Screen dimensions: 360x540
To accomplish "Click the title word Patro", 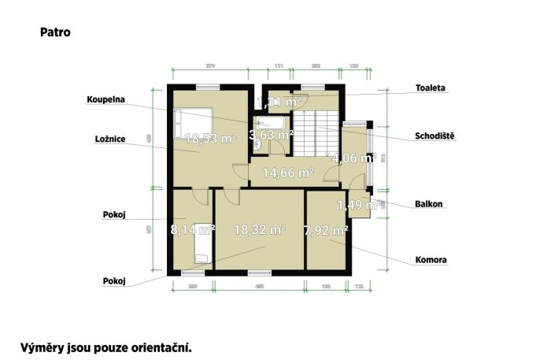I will tap(53, 33).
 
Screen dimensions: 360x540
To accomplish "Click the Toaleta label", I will tap(431, 88).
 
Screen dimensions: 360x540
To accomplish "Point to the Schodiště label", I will tap(435, 135).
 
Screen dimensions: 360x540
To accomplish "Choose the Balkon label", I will tap(429, 204).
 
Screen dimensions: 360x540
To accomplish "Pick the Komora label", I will tap(431, 260).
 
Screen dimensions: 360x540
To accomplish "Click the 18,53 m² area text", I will tap(210, 138).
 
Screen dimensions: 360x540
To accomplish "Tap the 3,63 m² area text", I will tap(271, 135).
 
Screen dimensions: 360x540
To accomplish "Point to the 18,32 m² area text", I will tap(260, 230).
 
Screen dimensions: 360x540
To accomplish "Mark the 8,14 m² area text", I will tap(193, 230).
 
